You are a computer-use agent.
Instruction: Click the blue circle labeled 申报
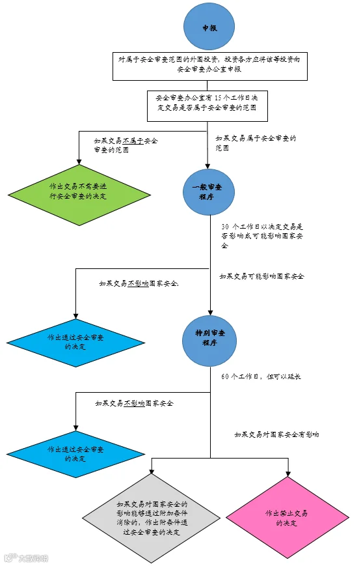[209, 27]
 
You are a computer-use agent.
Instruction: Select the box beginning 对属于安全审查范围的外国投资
[210, 66]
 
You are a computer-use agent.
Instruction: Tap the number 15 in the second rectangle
[219, 98]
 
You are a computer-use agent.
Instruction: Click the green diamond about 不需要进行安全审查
[79, 195]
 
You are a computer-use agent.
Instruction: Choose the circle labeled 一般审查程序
[208, 191]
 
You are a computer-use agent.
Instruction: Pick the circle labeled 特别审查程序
[209, 341]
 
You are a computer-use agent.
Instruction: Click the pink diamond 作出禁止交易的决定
[287, 518]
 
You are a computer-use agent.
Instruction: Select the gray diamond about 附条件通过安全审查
[152, 518]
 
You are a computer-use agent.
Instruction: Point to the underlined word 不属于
[133, 141]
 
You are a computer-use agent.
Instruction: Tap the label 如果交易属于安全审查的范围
[256, 143]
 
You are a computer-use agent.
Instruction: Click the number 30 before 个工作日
[225, 227]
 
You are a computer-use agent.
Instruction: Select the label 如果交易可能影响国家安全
[262, 277]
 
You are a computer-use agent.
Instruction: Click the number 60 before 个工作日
[225, 376]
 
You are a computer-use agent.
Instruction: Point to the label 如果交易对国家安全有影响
[276, 434]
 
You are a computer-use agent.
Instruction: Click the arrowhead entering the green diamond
[79, 162]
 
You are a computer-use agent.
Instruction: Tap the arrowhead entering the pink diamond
[287, 474]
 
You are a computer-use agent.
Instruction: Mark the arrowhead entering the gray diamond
[152, 470]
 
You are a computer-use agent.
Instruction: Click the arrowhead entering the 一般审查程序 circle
[207, 165]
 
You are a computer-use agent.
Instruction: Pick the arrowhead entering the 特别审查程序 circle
[210, 313]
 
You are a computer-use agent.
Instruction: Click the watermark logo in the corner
[26, 558]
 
